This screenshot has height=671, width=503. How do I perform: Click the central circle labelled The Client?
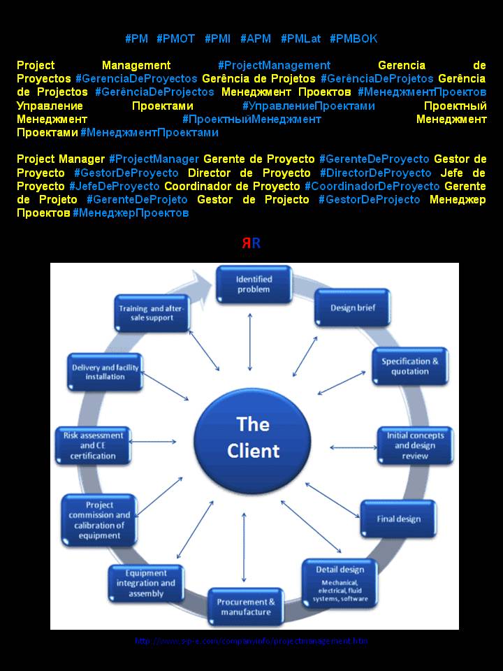pyautogui.click(x=252, y=438)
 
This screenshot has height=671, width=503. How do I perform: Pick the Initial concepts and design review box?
pyautogui.click(x=415, y=446)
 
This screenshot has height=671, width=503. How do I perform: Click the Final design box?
pyautogui.click(x=398, y=519)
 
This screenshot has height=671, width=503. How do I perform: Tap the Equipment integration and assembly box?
pyautogui.click(x=146, y=584)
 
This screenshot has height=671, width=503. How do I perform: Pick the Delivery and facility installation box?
pyautogui.click(x=105, y=372)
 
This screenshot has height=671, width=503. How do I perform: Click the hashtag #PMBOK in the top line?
pyautogui.click(x=353, y=38)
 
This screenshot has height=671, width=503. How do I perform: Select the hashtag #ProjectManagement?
pyautogui.click(x=274, y=65)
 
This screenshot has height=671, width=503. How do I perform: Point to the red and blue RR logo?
pyautogui.click(x=251, y=243)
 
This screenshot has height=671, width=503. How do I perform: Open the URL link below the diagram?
pyautogui.click(x=251, y=641)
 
